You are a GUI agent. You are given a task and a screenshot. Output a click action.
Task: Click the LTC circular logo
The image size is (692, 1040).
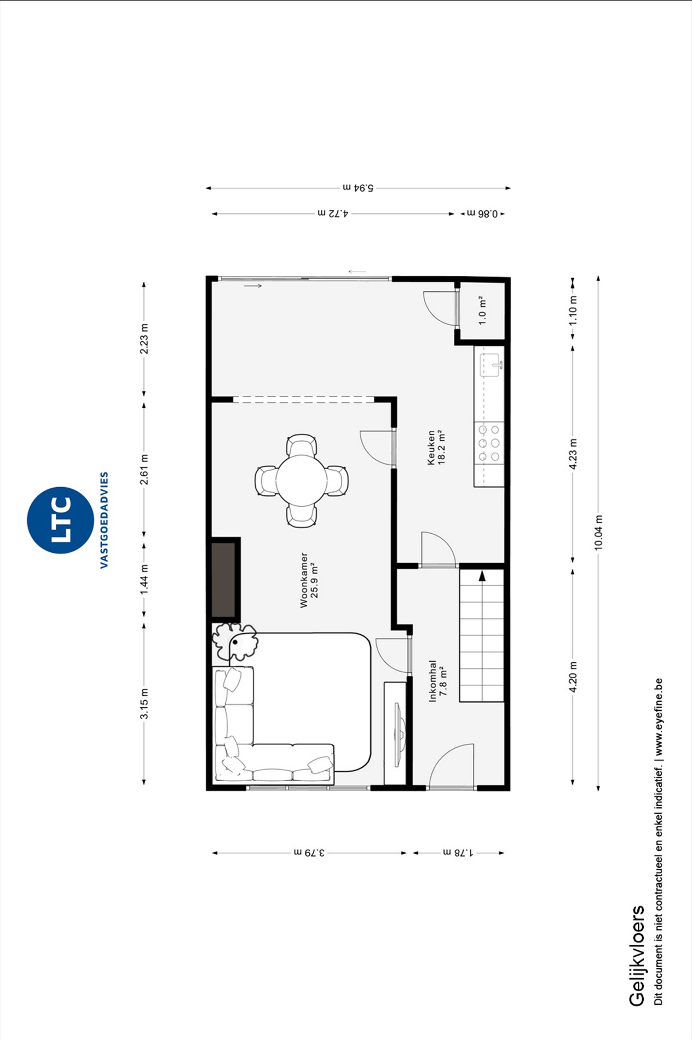60,520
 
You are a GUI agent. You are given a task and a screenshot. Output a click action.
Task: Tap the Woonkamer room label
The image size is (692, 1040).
304,580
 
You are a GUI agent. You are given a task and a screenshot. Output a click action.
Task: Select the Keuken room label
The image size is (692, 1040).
431,447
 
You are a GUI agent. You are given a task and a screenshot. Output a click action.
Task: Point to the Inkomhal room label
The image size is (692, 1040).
432,681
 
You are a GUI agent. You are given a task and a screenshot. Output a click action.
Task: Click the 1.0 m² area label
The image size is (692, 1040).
482,310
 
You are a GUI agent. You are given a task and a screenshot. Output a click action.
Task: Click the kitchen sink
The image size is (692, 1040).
491,365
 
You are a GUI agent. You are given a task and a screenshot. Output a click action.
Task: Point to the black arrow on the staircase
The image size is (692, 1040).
482,576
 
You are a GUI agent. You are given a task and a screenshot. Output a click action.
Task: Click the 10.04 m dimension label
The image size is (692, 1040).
598,533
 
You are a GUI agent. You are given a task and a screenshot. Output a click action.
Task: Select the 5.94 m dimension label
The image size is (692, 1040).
358,188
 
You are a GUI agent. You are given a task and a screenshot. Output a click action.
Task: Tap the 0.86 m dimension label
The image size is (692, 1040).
482,213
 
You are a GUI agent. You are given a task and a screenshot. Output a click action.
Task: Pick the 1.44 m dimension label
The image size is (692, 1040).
144,580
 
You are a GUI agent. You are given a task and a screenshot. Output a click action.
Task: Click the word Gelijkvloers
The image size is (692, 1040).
637,955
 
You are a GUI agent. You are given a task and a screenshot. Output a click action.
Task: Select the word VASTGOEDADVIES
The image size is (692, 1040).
104,520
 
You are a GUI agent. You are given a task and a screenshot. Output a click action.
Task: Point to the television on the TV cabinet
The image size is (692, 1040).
400,735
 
